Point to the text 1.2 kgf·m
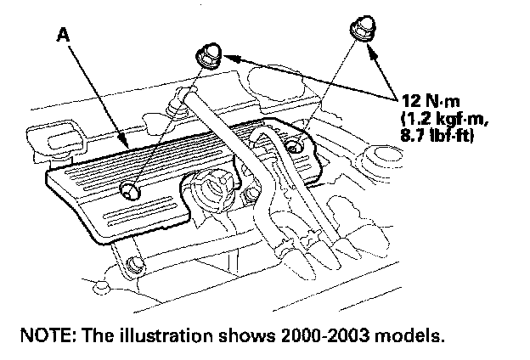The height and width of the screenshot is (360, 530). click(x=437, y=119)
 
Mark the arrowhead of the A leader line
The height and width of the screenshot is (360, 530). click(x=128, y=143)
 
